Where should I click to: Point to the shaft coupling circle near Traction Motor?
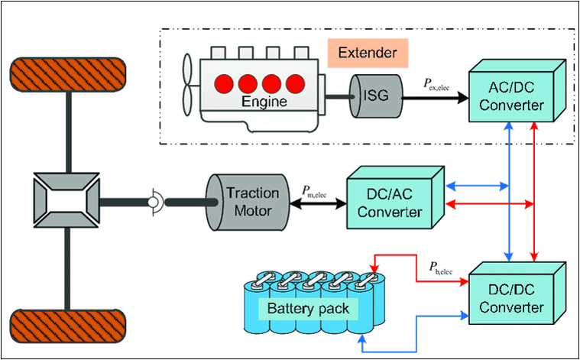(154, 202)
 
